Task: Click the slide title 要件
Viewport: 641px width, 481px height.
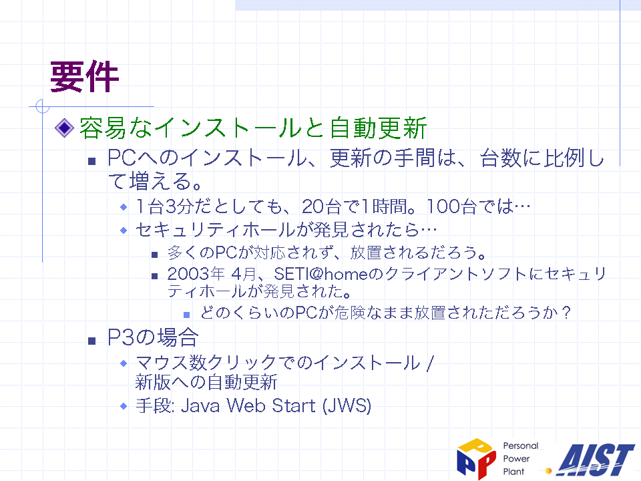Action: pos(84,76)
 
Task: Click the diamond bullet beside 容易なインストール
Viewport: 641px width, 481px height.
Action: pos(64,128)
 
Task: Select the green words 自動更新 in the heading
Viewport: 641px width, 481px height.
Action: pos(378,128)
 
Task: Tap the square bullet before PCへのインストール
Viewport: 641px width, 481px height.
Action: pos(92,161)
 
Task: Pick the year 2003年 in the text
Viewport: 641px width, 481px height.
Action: pos(196,274)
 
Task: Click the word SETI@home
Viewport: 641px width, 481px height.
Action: pos(321,274)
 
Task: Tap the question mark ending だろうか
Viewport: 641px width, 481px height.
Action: pos(566,313)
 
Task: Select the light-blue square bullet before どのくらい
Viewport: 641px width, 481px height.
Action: pos(187,315)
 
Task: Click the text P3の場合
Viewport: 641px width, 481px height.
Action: pos(153,338)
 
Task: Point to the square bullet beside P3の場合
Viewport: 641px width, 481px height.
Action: pos(92,341)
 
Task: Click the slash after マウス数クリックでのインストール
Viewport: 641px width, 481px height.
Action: pos(429,363)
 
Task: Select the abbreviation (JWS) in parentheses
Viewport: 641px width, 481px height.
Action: pos(347,406)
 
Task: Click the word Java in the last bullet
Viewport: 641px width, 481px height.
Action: pos(200,406)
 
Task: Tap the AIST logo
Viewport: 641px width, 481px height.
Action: pos(596,460)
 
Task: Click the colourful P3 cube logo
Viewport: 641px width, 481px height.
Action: pos(476,458)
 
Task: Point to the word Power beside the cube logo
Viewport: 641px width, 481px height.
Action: pos(516,458)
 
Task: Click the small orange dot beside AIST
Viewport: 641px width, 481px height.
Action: pos(549,471)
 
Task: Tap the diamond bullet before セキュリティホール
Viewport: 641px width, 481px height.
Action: pos(124,230)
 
